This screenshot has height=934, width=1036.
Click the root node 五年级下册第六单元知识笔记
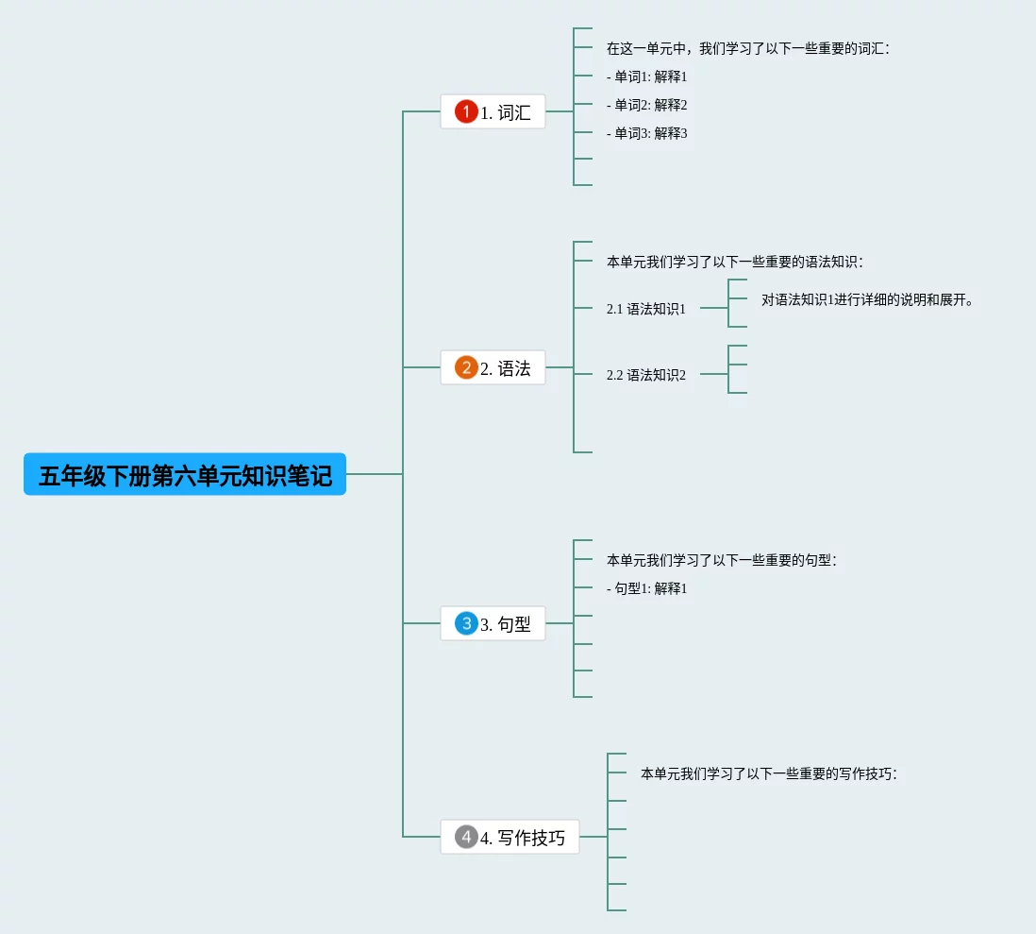[185, 474]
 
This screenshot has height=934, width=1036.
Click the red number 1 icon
[466, 112]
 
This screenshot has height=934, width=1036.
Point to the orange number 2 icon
[466, 367]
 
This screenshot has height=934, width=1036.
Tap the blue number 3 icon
[466, 623]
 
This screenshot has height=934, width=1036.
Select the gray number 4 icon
[466, 837]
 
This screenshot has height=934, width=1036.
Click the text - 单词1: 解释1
[647, 76]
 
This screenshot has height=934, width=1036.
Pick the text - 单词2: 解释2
[647, 105]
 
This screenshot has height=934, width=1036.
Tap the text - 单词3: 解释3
[647, 133]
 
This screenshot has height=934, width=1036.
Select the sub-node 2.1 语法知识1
[646, 309]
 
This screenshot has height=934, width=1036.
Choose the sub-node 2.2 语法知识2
[646, 375]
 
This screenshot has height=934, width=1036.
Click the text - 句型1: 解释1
[647, 588]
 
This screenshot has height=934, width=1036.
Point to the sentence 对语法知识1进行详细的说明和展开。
[867, 300]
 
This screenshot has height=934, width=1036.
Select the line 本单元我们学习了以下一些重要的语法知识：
[735, 262]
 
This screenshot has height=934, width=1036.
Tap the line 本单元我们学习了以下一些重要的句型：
[722, 560]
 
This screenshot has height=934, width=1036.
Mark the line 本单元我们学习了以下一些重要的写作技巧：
[769, 773]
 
